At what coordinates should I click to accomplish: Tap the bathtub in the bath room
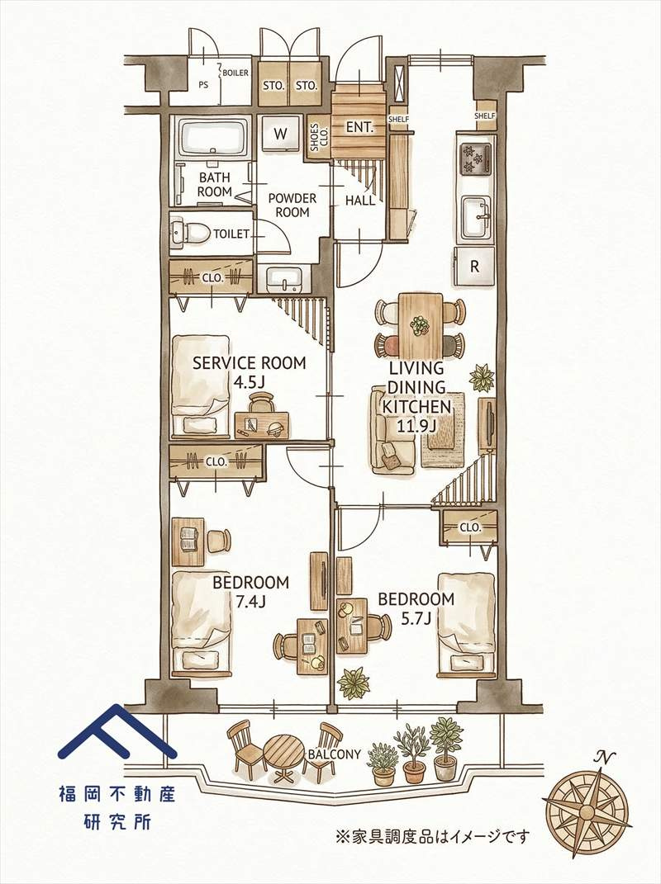click(213, 138)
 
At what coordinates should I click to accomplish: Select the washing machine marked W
click(281, 135)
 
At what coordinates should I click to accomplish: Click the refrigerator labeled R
click(474, 267)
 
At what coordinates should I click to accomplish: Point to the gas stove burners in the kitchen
click(475, 159)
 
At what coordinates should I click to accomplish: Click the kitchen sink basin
click(476, 216)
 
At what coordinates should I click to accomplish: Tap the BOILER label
click(235, 73)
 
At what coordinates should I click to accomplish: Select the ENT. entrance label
click(359, 127)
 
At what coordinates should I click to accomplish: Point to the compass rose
click(587, 812)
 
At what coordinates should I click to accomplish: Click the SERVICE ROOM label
click(249, 362)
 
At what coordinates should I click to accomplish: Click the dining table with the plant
click(420, 325)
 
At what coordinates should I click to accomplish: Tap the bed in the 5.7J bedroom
click(467, 625)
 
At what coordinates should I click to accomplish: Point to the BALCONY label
click(334, 754)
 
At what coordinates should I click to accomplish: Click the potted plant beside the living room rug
click(482, 378)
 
